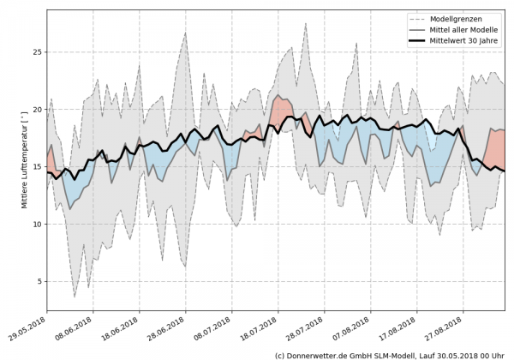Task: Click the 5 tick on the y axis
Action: [39, 281]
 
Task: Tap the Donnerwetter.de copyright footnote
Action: [390, 354]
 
